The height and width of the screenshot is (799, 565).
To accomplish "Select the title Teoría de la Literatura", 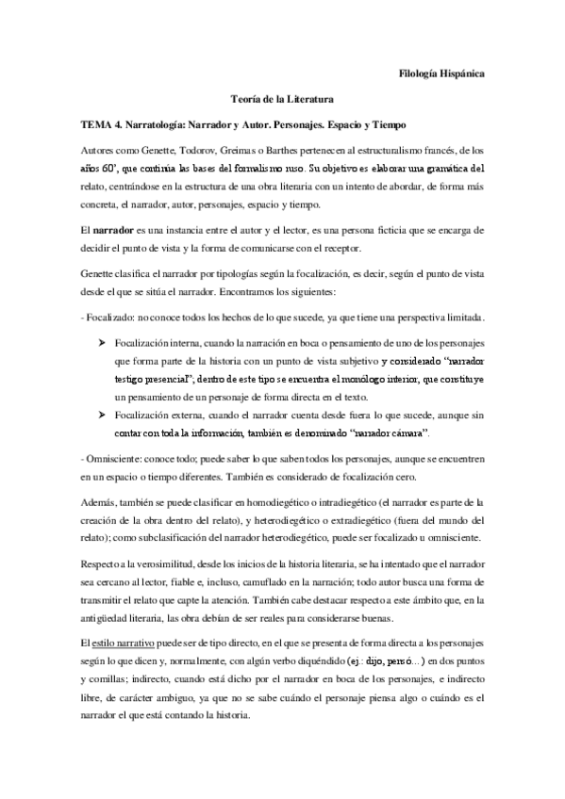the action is pyautogui.click(x=282, y=98).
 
